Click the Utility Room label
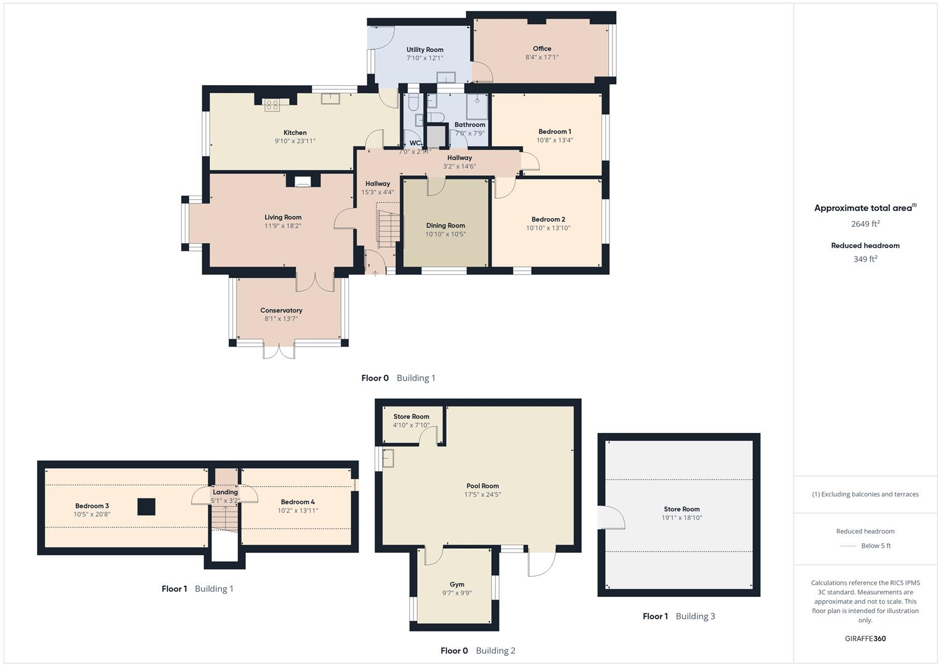pos(425,50)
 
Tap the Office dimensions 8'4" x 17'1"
pos(542,57)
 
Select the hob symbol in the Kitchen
pos(272,105)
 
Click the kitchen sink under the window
pos(331,99)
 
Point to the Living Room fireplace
pos(303,181)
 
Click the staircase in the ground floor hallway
pos(388,228)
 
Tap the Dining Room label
pos(445,226)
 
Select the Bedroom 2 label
pos(548,220)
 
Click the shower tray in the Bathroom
pos(477,106)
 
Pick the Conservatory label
pos(281,311)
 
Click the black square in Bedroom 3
pos(146,506)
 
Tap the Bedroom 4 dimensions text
pos(298,511)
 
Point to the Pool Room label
pos(482,486)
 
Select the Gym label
pos(457,585)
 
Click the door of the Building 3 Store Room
pos(610,518)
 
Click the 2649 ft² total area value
pos(865,224)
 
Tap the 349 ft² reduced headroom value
pos(865,259)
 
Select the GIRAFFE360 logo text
pos(865,639)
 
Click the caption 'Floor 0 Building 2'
pos(478,651)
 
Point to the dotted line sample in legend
pos(848,546)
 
